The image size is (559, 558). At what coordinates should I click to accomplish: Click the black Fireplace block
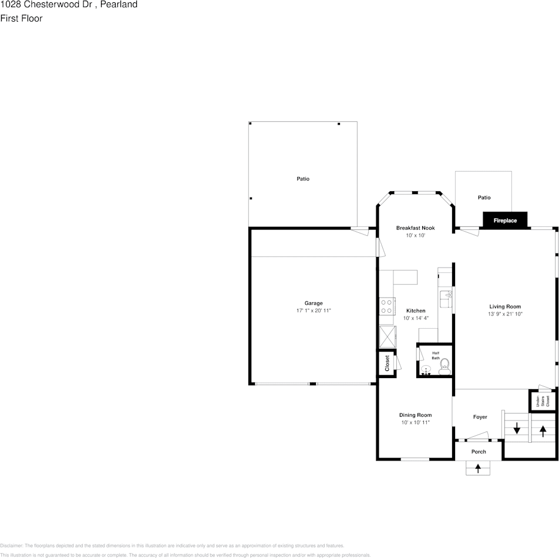[x=505, y=220]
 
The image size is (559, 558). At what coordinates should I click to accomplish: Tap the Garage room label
[x=313, y=303]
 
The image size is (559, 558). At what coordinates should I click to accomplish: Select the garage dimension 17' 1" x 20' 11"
[x=313, y=310]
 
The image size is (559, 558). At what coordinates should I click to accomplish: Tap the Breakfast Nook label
[x=415, y=228]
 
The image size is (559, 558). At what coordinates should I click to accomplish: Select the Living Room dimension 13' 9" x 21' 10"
[x=505, y=314]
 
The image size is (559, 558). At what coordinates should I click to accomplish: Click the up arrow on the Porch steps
[x=478, y=469]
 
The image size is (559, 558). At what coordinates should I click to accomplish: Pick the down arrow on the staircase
[x=517, y=429]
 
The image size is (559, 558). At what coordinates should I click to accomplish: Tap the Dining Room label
[x=415, y=415]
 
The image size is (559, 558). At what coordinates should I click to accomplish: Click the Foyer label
[x=480, y=417]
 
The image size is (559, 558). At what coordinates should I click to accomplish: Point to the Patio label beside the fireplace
[x=483, y=198]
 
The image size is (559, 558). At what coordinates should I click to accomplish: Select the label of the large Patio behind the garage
[x=302, y=179]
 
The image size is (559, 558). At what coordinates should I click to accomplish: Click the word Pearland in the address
[x=119, y=5]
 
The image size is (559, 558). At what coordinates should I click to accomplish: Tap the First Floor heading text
[x=21, y=18]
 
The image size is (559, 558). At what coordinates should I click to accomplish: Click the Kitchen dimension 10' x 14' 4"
[x=416, y=318]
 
